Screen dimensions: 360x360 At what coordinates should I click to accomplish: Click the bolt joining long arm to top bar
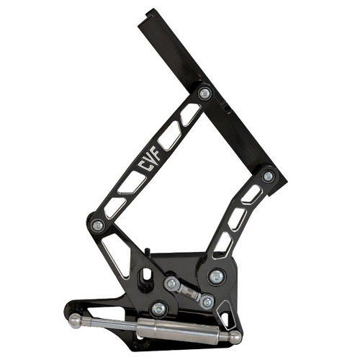(x=204, y=94)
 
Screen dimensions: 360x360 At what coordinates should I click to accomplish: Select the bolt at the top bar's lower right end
(x=268, y=176)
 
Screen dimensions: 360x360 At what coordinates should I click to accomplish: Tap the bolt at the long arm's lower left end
(x=97, y=225)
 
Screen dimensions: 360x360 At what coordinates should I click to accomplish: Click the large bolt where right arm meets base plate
(x=217, y=276)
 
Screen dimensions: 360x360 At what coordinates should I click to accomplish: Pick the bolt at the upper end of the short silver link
(x=171, y=284)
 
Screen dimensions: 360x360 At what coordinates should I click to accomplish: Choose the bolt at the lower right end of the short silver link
(x=207, y=301)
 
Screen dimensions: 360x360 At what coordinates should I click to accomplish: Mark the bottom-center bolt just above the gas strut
(x=158, y=309)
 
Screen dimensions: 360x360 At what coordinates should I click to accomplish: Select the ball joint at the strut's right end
(x=234, y=337)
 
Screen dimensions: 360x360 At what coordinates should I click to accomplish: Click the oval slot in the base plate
(x=147, y=276)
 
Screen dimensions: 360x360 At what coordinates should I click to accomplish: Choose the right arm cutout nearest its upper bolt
(x=252, y=194)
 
